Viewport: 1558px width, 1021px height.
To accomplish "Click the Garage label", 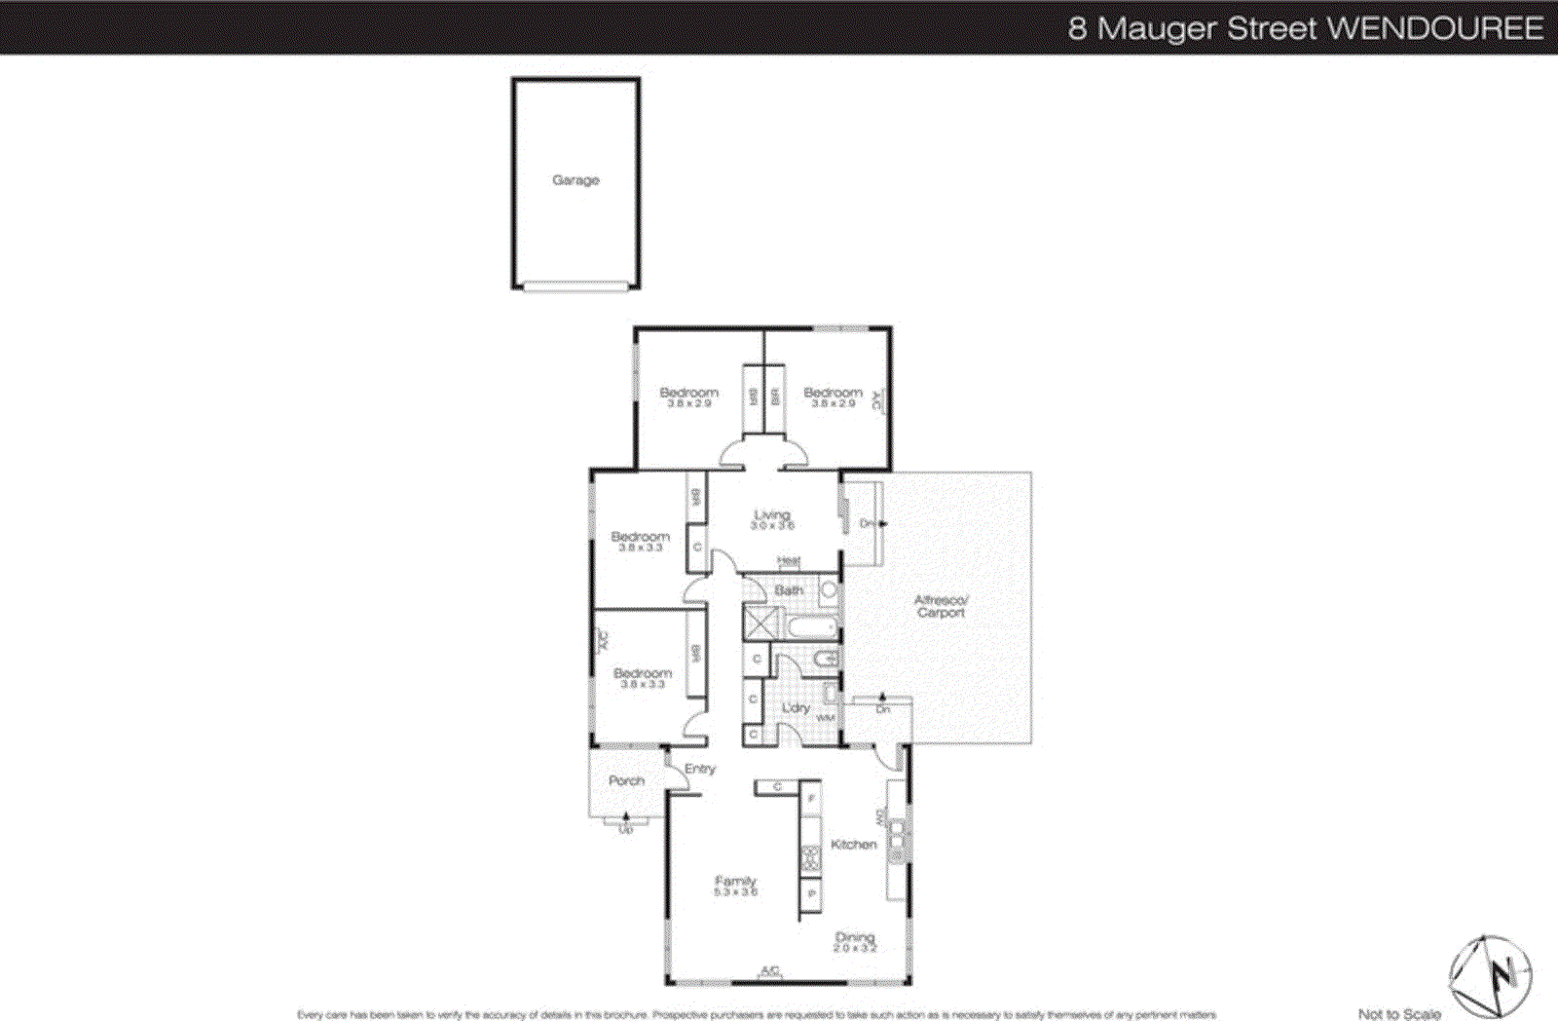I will click(575, 180).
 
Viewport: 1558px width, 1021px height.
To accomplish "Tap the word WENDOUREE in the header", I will click(1435, 27).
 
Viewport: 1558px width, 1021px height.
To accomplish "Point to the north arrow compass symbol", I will click(1490, 975).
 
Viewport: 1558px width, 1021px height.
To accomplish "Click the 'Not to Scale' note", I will click(1399, 1014).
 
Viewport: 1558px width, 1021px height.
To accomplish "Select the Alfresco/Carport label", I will click(941, 606).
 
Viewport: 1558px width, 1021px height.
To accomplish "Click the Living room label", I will click(772, 515).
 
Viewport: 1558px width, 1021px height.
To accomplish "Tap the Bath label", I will click(789, 590).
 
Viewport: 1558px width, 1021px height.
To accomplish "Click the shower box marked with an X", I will click(760, 622).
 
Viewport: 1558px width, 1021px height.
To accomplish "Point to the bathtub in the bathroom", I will click(811, 626).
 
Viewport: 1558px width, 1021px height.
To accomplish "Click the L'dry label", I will click(796, 707).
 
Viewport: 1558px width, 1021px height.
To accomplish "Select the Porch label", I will click(626, 780).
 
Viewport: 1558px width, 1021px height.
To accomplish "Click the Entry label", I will click(699, 769).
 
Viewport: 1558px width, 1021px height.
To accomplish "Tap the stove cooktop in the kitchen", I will click(810, 857).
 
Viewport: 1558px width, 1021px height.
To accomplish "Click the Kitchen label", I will click(853, 845).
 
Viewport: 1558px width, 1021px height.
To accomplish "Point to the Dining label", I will click(855, 937).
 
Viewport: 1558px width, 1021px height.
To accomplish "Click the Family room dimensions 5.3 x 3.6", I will click(735, 892).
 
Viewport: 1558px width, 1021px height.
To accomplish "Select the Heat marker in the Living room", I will click(789, 561).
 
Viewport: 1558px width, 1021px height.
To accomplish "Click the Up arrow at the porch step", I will click(625, 824).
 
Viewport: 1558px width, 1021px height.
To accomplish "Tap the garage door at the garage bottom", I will click(575, 286).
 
